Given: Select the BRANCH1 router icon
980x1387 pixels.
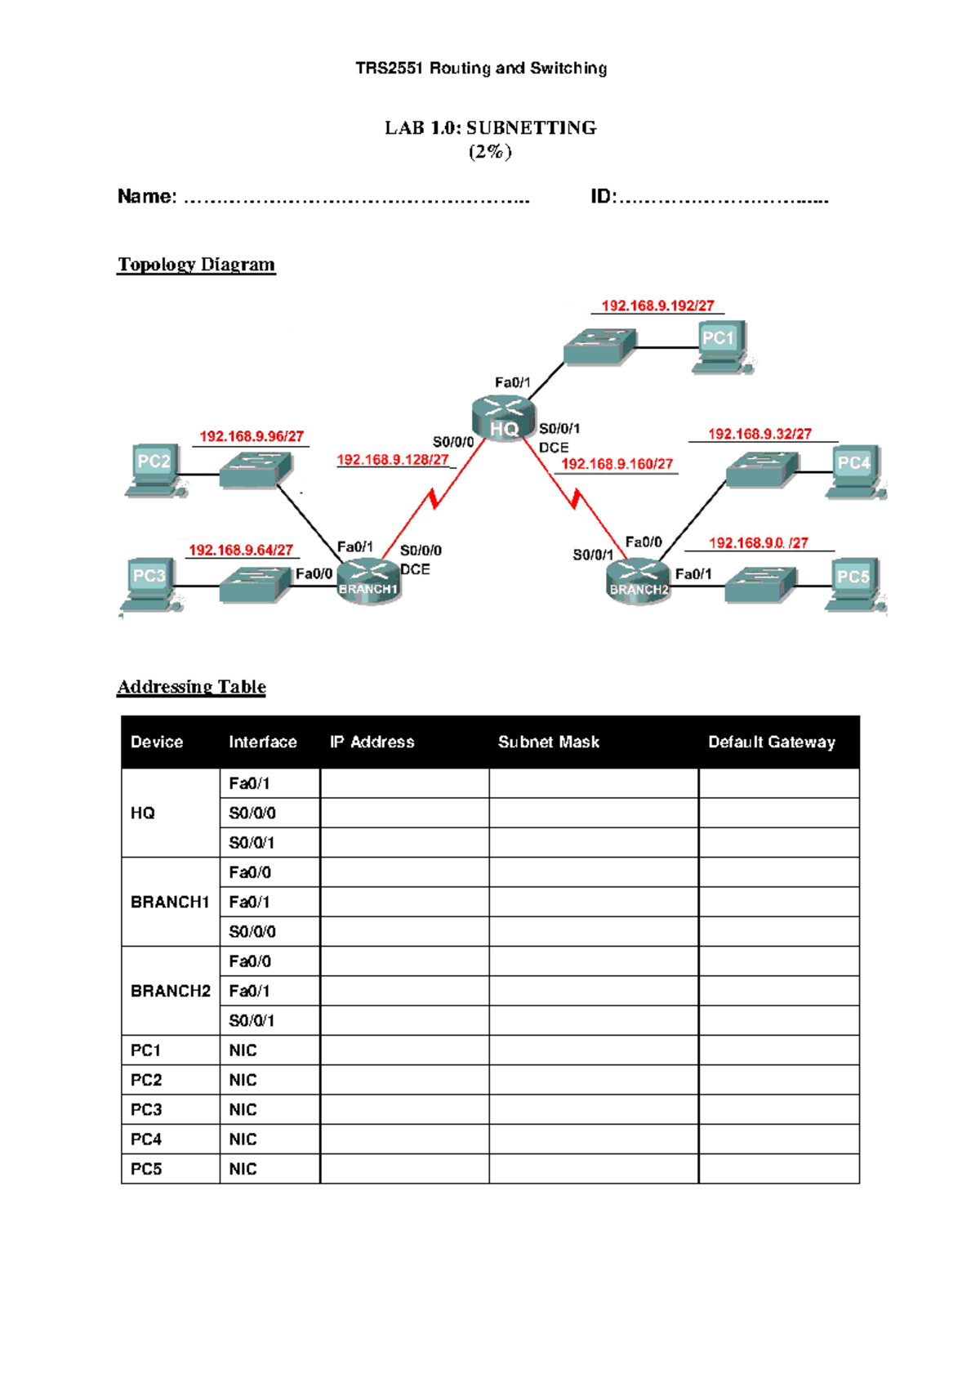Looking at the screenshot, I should [x=368, y=582].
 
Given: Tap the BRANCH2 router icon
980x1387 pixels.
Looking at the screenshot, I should [x=638, y=582].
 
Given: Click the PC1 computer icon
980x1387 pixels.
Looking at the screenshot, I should [x=721, y=346].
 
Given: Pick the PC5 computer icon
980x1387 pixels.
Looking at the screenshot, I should [x=854, y=584].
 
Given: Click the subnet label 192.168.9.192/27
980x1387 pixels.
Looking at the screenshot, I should [x=657, y=305].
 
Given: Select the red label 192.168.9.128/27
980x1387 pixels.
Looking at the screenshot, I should [x=393, y=460].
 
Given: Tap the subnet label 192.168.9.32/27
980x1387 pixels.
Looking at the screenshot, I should [x=759, y=434].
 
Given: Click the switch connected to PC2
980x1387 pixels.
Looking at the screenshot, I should [x=255, y=471].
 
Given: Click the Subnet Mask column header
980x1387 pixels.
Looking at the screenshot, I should [x=548, y=742].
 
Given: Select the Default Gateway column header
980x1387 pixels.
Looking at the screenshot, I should [x=771, y=742].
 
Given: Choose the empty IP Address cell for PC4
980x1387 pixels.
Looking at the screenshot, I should [x=404, y=1139].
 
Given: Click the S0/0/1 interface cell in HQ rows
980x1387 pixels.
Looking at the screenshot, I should [x=252, y=842].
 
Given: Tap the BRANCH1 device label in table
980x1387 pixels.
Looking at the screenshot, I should [x=170, y=902].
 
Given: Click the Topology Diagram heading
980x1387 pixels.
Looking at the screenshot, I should [x=196, y=265].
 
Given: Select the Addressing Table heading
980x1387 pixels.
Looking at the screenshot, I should [x=191, y=687].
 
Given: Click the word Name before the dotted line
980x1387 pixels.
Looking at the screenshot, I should [x=146, y=197].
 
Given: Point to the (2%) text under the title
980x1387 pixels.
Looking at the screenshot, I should [x=489, y=152].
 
